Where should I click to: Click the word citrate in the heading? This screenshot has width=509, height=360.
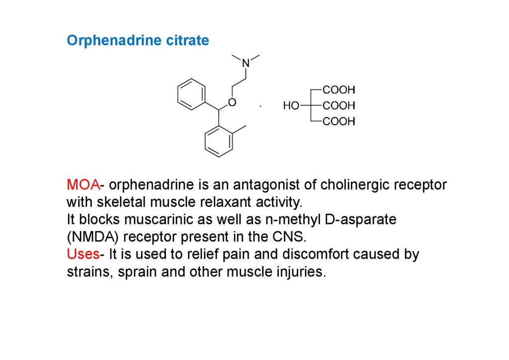(x=188, y=41)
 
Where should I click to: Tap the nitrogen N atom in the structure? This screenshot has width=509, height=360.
(x=246, y=63)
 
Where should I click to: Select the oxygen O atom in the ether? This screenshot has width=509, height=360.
(x=232, y=102)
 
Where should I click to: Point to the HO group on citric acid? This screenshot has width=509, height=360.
(x=291, y=106)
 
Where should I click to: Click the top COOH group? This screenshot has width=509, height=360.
(x=339, y=90)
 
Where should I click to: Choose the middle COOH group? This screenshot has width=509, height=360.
(x=339, y=106)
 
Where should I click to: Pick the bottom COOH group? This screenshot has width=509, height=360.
(x=339, y=121)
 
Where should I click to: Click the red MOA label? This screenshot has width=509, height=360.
(x=83, y=185)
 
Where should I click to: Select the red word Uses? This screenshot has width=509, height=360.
(x=83, y=255)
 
